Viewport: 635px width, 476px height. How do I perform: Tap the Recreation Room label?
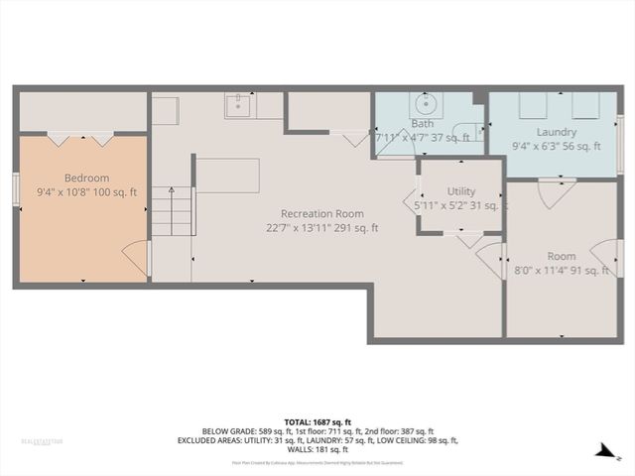click(321, 213)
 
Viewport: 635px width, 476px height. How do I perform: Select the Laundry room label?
click(557, 131)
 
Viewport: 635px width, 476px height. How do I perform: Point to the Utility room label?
click(461, 191)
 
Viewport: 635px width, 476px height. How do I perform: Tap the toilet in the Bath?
click(468, 129)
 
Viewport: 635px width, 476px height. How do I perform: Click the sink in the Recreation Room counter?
click(239, 103)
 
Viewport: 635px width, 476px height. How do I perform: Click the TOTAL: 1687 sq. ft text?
click(317, 420)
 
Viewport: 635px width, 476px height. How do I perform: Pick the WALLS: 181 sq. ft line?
click(317, 449)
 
